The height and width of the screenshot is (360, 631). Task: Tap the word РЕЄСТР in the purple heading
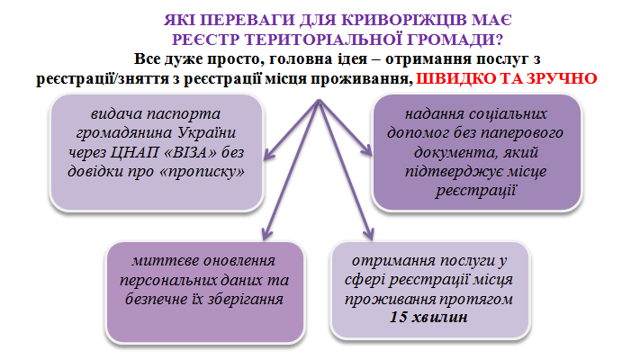(x=206, y=40)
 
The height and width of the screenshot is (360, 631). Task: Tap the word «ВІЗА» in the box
(x=190, y=152)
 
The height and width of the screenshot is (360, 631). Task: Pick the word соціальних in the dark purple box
(x=509, y=113)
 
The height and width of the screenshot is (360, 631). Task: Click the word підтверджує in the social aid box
(x=449, y=172)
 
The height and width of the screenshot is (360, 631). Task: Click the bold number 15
(x=399, y=317)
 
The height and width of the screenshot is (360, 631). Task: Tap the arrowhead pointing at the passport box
(x=269, y=154)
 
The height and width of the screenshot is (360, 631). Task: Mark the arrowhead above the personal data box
(x=266, y=233)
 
